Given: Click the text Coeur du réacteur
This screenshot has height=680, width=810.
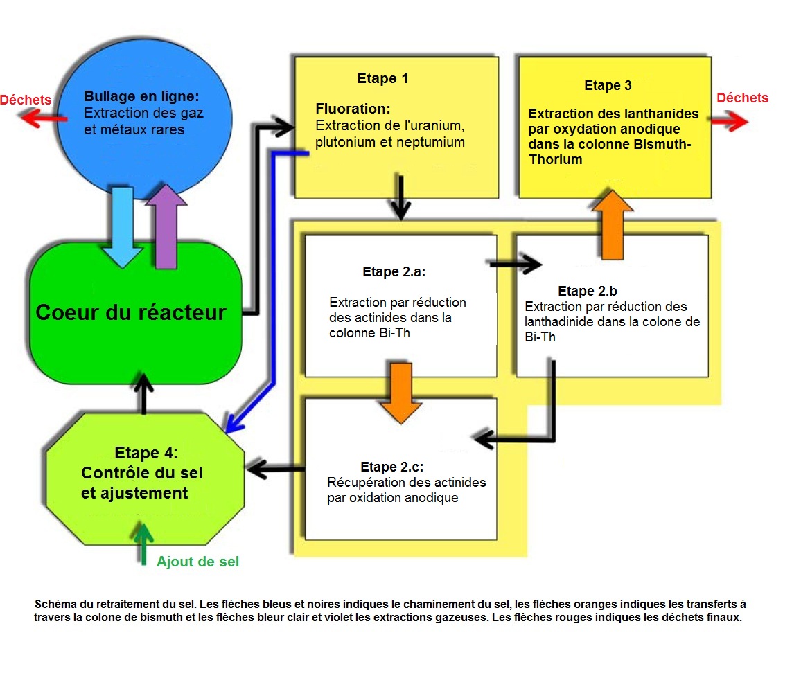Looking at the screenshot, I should point(131,312).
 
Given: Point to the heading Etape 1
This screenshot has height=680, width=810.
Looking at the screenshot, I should point(382,78).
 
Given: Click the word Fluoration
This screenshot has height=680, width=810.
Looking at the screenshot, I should point(353,109).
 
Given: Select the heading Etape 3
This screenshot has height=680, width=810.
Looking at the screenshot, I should point(608,86).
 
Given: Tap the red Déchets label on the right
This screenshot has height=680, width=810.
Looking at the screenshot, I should point(742,98).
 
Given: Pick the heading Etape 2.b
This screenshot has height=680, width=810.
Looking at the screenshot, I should point(587,291).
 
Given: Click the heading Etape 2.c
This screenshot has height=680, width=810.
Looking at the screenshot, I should point(391,467).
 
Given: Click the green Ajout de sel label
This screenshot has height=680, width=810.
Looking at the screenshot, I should point(197,562).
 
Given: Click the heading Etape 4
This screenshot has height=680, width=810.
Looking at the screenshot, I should point(146,454).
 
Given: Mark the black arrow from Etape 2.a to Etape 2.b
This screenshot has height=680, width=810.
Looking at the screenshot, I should point(515,263).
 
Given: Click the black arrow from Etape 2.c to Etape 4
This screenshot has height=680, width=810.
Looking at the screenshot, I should point(276,470).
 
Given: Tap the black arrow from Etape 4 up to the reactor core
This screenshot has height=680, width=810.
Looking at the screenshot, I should point(143,393).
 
